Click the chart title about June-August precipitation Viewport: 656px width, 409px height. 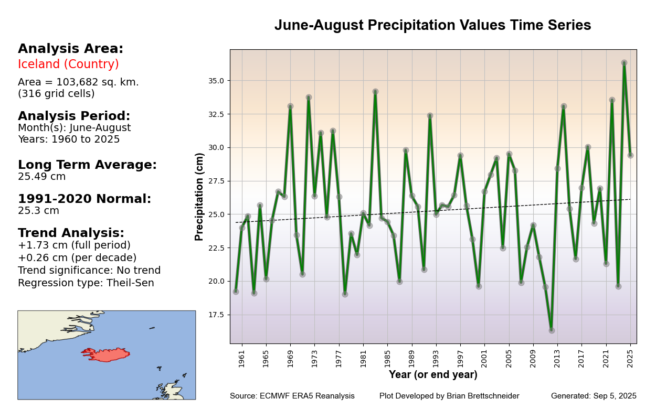432,26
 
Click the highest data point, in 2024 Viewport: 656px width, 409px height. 624,63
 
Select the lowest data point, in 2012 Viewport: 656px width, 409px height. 552,330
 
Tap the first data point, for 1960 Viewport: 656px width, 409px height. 236,292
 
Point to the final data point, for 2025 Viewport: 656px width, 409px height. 630,155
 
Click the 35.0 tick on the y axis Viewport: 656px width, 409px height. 216,81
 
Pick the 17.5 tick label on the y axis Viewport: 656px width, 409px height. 216,315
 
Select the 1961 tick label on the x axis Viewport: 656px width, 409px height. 242,359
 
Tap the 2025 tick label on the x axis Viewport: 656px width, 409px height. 630,359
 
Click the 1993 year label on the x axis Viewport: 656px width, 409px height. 436,359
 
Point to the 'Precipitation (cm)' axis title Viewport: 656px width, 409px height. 199,197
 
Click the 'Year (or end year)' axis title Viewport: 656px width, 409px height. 433,375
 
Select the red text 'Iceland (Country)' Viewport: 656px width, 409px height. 68,64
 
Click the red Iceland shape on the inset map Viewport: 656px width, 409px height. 108,354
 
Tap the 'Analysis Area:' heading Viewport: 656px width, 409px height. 70,49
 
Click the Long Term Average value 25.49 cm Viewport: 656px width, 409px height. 42,177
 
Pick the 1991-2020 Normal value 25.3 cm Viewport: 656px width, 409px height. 38,211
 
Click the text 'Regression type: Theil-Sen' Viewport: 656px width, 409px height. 86,283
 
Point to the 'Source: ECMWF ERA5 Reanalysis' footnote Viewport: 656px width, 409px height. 292,396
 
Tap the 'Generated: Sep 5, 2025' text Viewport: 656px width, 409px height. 594,396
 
